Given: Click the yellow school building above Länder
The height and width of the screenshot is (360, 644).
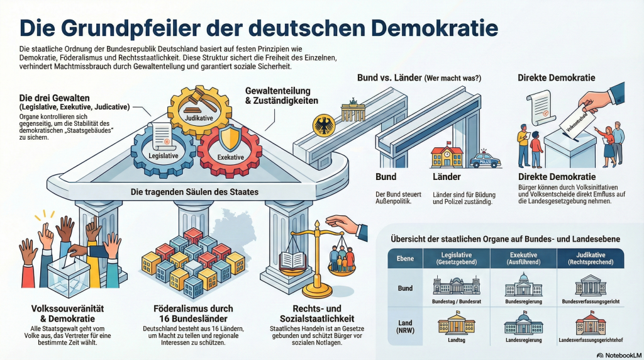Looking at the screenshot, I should (447, 157).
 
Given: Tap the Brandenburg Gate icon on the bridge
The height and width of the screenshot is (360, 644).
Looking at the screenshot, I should (353, 113).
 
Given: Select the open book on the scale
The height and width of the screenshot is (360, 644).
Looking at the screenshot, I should (292, 260).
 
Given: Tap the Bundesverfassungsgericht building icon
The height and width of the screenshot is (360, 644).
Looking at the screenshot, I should (591, 286).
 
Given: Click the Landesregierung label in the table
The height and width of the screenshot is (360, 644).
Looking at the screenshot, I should (523, 340).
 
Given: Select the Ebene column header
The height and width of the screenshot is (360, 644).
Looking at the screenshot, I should (405, 258).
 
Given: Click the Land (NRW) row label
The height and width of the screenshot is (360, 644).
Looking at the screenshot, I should (405, 327).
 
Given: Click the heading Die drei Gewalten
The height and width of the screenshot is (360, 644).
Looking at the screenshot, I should (54, 98).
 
